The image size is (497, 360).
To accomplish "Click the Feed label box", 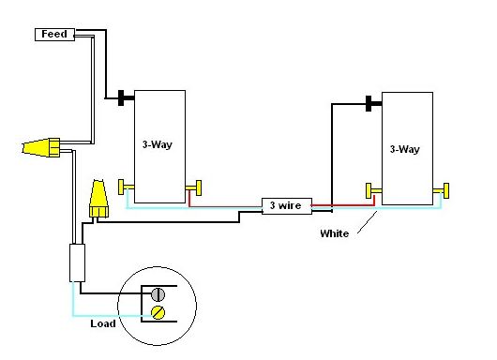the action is pos(54,35).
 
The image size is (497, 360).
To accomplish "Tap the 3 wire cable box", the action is pos(287,206).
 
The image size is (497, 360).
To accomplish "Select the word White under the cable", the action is pos(335,233).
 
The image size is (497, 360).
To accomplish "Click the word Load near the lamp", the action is pos(103,323).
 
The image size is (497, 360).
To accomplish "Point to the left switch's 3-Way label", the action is pos(158,144).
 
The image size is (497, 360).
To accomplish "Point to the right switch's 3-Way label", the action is pos(405,149).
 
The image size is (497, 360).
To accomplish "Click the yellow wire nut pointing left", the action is pos(41,147).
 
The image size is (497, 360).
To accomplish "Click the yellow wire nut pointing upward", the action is pos(98,199).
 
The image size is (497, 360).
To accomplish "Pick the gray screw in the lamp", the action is pos(158,294).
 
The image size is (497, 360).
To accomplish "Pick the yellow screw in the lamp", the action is pos(158,313).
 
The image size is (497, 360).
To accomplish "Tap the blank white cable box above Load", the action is pos(77,262).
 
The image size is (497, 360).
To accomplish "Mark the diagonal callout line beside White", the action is pos(368,222).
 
